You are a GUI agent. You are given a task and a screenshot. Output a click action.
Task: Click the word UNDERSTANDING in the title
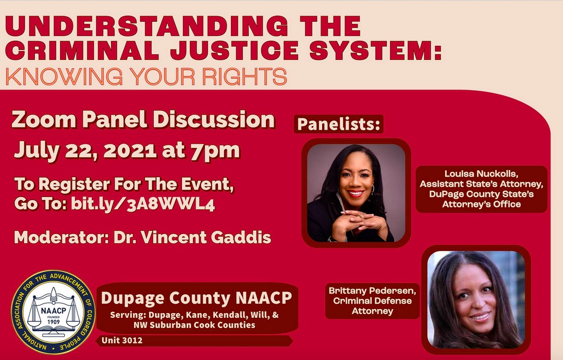(x=146, y=26)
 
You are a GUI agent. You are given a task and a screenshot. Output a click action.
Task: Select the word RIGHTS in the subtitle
(x=244, y=76)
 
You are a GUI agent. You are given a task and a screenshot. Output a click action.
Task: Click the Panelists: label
(x=338, y=124)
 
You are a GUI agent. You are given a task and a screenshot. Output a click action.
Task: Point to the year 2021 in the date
(x=130, y=150)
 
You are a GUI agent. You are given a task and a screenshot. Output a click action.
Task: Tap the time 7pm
(x=215, y=151)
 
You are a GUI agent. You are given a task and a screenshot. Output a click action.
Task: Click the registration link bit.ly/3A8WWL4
(x=143, y=204)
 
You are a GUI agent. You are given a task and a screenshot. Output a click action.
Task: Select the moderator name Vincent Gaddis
(x=205, y=237)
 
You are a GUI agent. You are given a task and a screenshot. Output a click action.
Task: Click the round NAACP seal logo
(x=53, y=312)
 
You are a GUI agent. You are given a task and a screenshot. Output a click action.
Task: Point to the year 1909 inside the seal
(x=54, y=321)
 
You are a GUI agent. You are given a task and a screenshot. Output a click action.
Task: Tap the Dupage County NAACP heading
(x=197, y=298)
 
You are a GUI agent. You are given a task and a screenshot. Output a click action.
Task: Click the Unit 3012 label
(x=122, y=340)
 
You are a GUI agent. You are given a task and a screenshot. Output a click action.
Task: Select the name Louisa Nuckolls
(x=481, y=173)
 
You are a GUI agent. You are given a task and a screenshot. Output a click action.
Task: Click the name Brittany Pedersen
(x=372, y=290)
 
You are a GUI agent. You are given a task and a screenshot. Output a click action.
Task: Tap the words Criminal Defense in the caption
(x=372, y=301)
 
